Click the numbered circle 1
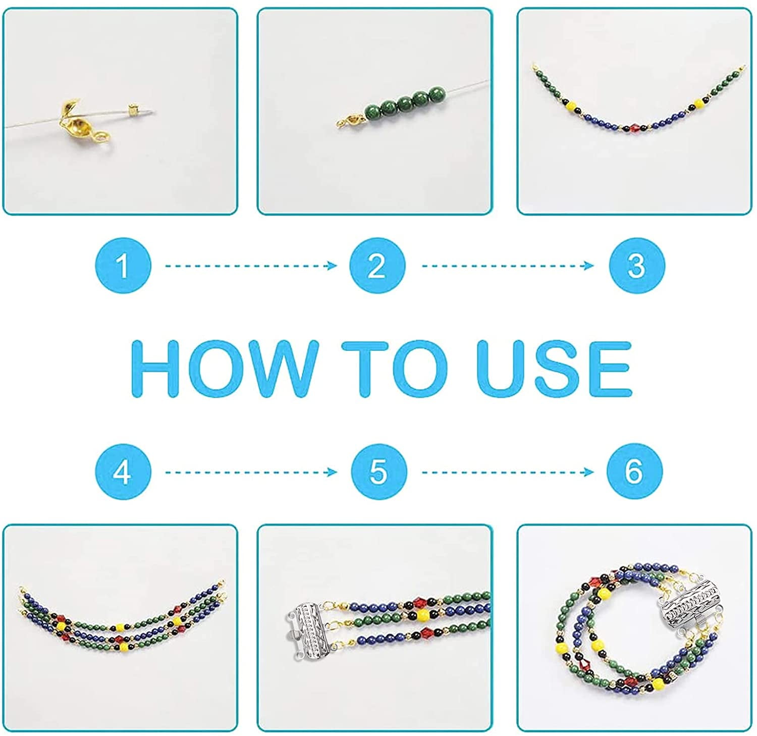point(123,266)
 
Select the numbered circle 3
point(636,266)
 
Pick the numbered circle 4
point(123,472)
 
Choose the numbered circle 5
point(378,472)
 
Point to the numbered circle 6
point(634,472)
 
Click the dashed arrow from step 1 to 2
point(251,266)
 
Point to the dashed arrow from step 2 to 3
point(508,266)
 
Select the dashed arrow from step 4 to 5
point(251,472)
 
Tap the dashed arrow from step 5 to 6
point(508,472)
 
